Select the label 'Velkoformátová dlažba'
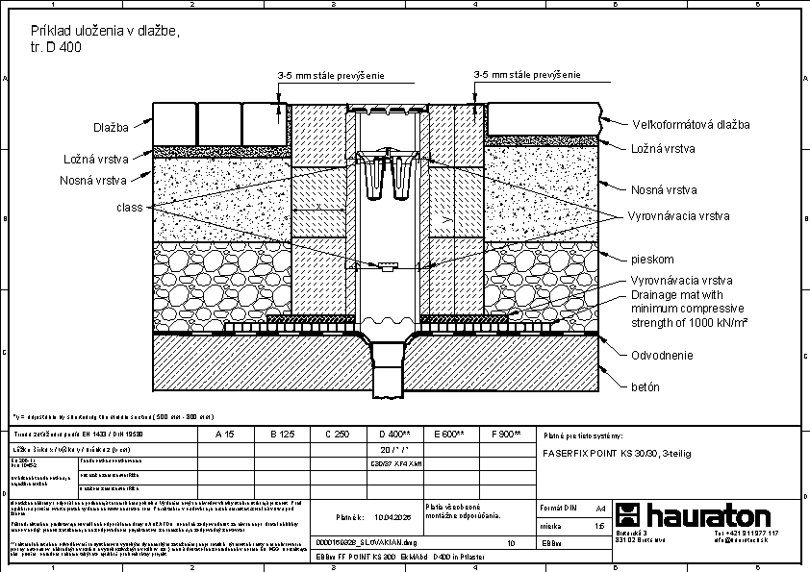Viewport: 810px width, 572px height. pos(691,125)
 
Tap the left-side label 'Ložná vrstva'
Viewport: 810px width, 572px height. pos(95,158)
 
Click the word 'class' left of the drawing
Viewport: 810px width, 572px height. pos(130,208)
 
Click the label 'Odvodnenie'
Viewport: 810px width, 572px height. pos(662,356)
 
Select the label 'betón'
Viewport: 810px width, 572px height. pos(645,386)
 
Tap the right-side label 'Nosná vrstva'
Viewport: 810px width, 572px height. pos(663,190)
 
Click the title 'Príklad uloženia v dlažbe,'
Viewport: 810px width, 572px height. pos(106,32)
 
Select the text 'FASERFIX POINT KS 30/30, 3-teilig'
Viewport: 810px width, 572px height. pos(617,451)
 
